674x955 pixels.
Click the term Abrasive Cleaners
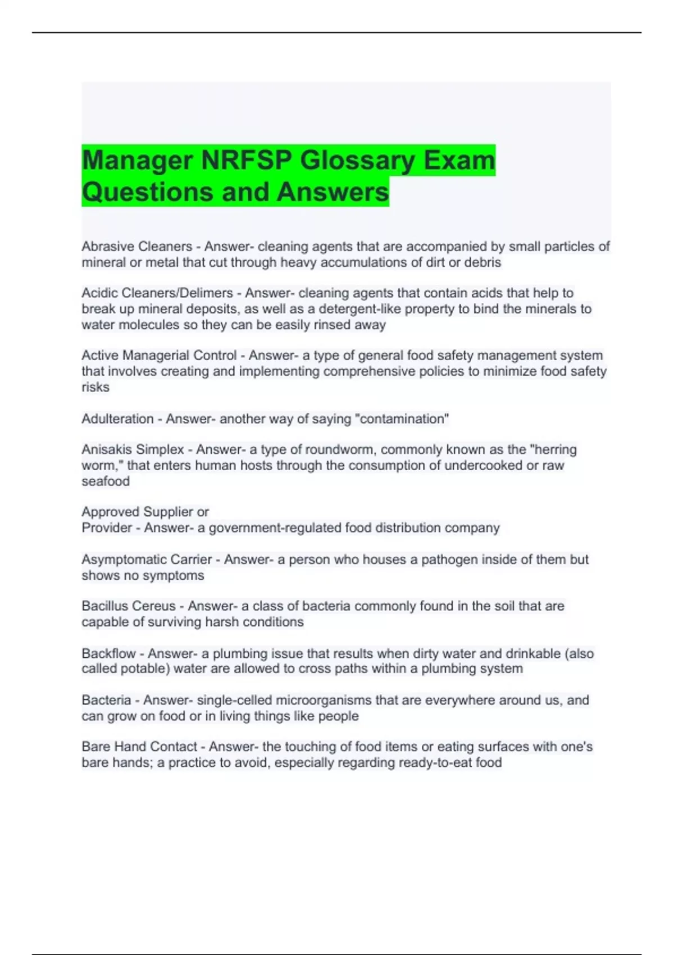(136, 247)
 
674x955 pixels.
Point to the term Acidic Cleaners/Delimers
(157, 293)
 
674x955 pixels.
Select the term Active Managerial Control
(159, 356)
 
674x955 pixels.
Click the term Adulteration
(117, 419)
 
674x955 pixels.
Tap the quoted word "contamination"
(404, 419)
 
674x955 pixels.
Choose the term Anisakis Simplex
(133, 450)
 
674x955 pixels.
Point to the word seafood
(106, 481)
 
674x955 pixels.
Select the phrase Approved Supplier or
(145, 512)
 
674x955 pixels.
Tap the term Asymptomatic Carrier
(147, 560)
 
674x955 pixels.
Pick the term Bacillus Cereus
(128, 606)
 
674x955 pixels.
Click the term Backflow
(108, 654)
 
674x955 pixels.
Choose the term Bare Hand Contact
(139, 747)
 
